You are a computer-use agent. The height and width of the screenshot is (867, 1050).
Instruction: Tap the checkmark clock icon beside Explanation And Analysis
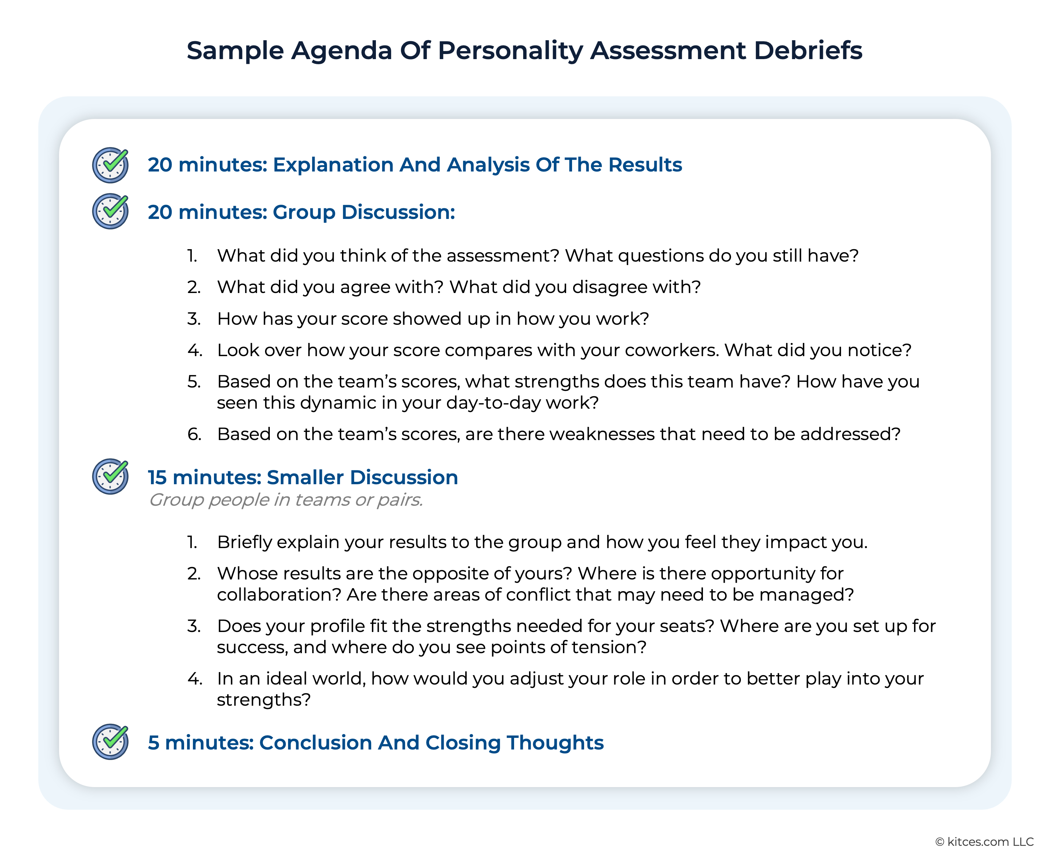[110, 165]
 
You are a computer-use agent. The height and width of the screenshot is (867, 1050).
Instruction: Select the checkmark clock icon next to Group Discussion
[110, 211]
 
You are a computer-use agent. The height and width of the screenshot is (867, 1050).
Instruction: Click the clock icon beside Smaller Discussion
[110, 477]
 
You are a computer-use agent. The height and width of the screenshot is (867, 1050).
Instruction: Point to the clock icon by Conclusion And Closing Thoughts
[110, 741]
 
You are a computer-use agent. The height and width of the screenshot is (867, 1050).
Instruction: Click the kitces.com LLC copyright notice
[984, 841]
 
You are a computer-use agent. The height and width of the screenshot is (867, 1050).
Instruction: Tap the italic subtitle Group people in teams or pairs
[286, 500]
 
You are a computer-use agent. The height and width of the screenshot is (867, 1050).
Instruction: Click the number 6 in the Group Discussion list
[194, 434]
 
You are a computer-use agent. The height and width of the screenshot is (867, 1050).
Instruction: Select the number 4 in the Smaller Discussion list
[195, 678]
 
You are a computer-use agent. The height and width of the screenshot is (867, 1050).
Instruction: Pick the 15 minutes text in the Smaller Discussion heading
[204, 477]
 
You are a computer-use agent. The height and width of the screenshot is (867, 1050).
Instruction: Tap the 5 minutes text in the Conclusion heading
[200, 743]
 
